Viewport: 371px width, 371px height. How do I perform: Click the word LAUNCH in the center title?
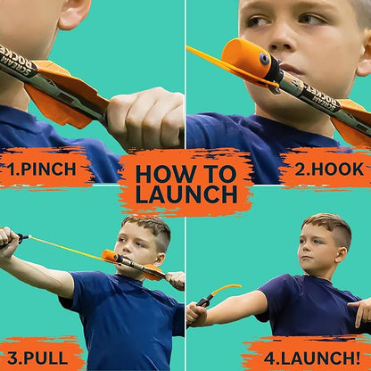[x=185, y=194]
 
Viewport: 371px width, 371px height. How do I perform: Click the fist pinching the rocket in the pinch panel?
[x=146, y=116]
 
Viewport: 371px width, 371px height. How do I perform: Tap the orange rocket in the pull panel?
[x=111, y=256]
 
